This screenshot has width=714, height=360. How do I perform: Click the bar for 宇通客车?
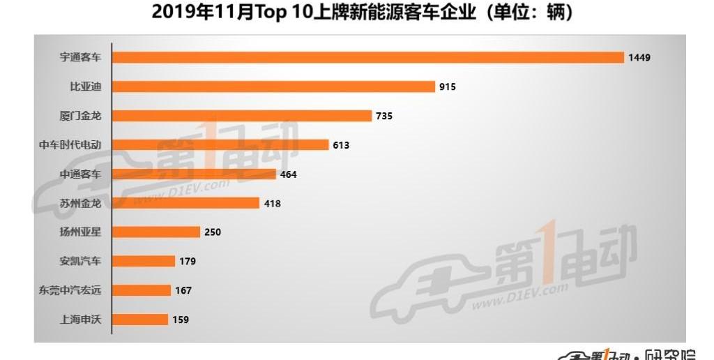point(367,57)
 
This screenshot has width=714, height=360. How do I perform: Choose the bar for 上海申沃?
point(139,320)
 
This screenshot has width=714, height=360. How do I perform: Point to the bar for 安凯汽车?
point(143,261)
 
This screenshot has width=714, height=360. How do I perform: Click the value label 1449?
point(639,57)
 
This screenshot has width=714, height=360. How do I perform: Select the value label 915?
point(448,87)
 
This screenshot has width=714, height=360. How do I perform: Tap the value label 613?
point(341,145)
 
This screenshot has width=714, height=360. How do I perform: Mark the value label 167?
point(183,290)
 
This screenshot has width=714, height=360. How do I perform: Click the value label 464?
point(288,174)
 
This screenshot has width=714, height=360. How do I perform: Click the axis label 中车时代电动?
point(70,145)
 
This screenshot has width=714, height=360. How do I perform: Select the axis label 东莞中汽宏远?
point(70,290)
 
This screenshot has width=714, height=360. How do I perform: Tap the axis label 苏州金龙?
point(80,203)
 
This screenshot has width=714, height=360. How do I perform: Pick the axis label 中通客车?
point(80,174)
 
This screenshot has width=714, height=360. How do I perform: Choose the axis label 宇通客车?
point(80,57)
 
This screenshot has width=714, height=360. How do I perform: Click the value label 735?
point(384,116)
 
